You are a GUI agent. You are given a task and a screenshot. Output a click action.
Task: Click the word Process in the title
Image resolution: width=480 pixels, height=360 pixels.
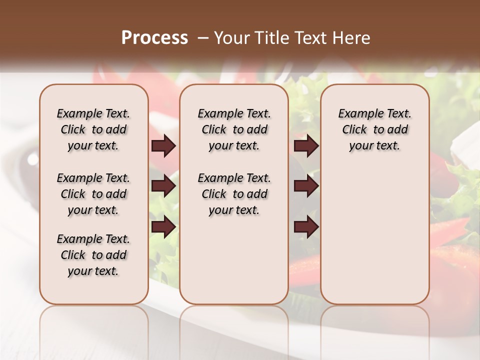pyautogui.click(x=154, y=38)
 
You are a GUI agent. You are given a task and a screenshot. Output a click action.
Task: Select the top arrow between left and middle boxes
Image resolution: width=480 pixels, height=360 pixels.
pyautogui.click(x=163, y=146)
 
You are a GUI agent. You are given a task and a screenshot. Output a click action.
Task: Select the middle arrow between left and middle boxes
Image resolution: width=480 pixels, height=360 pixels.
pyautogui.click(x=163, y=186)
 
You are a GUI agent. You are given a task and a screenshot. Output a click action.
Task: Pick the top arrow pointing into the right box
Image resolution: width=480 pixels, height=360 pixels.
pyautogui.click(x=306, y=146)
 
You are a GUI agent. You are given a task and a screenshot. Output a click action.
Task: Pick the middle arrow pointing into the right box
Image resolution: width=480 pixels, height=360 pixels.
pyautogui.click(x=306, y=186)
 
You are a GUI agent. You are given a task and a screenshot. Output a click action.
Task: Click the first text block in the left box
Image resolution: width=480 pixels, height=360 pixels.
pyautogui.click(x=93, y=129)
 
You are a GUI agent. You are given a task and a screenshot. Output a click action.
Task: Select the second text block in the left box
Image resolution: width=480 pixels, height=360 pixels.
pyautogui.click(x=93, y=194)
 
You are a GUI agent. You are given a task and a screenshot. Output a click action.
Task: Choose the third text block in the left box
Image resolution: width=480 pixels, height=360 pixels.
pyautogui.click(x=93, y=255)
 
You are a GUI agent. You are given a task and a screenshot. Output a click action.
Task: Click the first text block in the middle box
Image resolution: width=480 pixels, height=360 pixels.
pyautogui.click(x=234, y=129)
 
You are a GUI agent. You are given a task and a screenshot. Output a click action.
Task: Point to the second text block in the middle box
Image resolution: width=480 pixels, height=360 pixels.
pyautogui.click(x=234, y=194)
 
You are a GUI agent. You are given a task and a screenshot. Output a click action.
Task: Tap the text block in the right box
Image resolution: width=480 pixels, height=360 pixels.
pyautogui.click(x=374, y=129)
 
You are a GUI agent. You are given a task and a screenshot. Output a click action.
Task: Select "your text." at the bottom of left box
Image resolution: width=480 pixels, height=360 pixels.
pyautogui.click(x=93, y=271)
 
